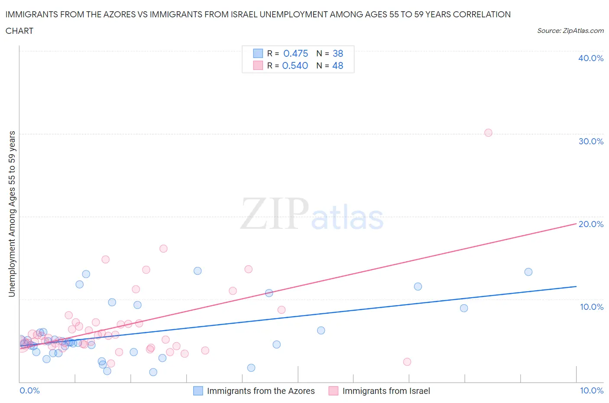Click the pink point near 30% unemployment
(488, 133)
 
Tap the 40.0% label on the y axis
(591, 58)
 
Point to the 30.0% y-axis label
(591, 141)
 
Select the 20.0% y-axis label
(591, 224)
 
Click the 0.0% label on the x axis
(29, 390)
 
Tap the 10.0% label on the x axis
(591, 390)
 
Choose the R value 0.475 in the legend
(295, 53)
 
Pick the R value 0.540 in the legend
(295, 65)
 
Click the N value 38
(338, 53)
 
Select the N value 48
(338, 65)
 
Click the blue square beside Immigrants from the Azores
(198, 391)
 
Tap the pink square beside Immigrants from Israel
(333, 391)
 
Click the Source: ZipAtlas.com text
(570, 30)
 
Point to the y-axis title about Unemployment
(12, 214)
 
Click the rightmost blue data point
(528, 272)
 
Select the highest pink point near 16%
(163, 248)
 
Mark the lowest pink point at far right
(407, 361)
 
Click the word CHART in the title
(19, 31)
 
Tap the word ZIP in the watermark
(275, 214)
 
